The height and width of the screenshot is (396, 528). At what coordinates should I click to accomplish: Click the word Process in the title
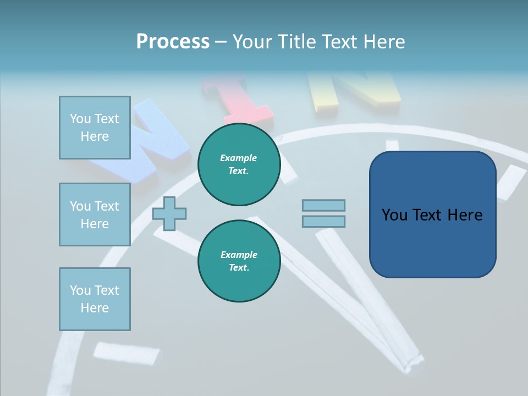[173, 42]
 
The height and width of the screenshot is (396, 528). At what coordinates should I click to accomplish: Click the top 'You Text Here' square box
[95, 128]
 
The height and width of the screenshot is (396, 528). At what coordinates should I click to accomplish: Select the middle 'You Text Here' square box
[95, 215]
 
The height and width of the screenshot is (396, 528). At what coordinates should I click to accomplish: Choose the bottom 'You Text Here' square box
[95, 299]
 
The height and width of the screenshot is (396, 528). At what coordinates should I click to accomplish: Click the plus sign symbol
[169, 213]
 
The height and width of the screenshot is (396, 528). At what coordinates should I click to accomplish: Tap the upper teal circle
[239, 164]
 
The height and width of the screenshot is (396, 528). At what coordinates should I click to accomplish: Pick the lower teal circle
[239, 261]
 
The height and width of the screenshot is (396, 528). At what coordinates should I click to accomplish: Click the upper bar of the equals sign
[323, 205]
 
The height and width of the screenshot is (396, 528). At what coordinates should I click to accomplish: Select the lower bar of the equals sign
[323, 221]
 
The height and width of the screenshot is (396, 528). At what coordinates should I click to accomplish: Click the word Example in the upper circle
[239, 158]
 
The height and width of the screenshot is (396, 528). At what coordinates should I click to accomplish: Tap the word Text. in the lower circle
[239, 268]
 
